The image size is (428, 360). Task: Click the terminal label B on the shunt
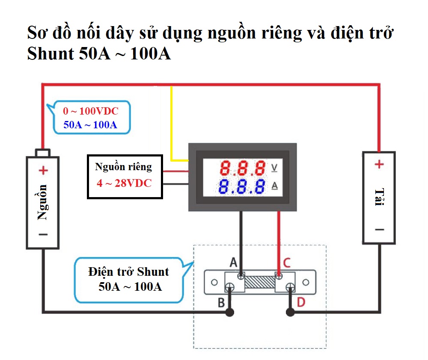click(221, 303)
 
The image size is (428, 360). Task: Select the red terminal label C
click(287, 262)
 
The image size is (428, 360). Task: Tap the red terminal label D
click(301, 303)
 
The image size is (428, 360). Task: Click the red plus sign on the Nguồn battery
click(43, 171)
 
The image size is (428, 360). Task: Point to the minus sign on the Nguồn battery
click(43, 234)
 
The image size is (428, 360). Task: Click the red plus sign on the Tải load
click(379, 164)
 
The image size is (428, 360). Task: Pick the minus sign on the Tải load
click(379, 230)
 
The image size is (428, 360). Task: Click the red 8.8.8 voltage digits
click(243, 168)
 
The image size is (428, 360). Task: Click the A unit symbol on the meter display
click(274, 186)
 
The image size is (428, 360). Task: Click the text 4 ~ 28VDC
click(124, 183)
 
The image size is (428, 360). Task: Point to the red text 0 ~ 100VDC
click(90, 112)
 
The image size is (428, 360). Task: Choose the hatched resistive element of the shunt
click(260, 283)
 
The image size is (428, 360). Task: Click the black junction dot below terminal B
click(230, 313)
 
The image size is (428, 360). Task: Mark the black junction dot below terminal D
click(290, 313)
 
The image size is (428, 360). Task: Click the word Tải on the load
click(378, 197)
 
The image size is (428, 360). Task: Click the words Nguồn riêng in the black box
click(123, 167)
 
